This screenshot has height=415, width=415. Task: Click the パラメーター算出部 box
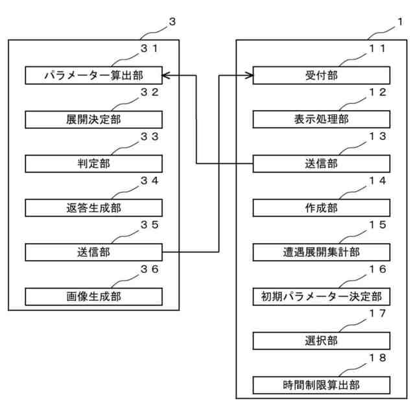pos(93,76)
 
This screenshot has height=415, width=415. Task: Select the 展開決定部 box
pos(93,120)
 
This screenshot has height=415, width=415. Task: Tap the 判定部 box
pos(93,164)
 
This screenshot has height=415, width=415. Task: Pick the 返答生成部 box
pos(93,208)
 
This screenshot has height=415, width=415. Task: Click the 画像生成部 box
pos(93,296)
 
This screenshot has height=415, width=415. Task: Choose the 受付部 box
pos(321,76)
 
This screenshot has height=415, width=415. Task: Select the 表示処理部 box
pos(321,120)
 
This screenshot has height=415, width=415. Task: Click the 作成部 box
pos(321,208)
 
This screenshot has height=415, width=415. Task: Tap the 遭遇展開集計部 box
pos(321,252)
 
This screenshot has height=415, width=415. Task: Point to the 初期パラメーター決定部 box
pos(321,296)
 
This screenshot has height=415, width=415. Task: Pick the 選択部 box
pos(321,340)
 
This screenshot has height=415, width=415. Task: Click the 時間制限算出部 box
pos(321,385)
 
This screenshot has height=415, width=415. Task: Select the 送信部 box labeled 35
pos(93,252)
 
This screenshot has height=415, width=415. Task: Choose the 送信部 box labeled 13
pos(321,164)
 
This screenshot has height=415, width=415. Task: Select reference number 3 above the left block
pos(172,21)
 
